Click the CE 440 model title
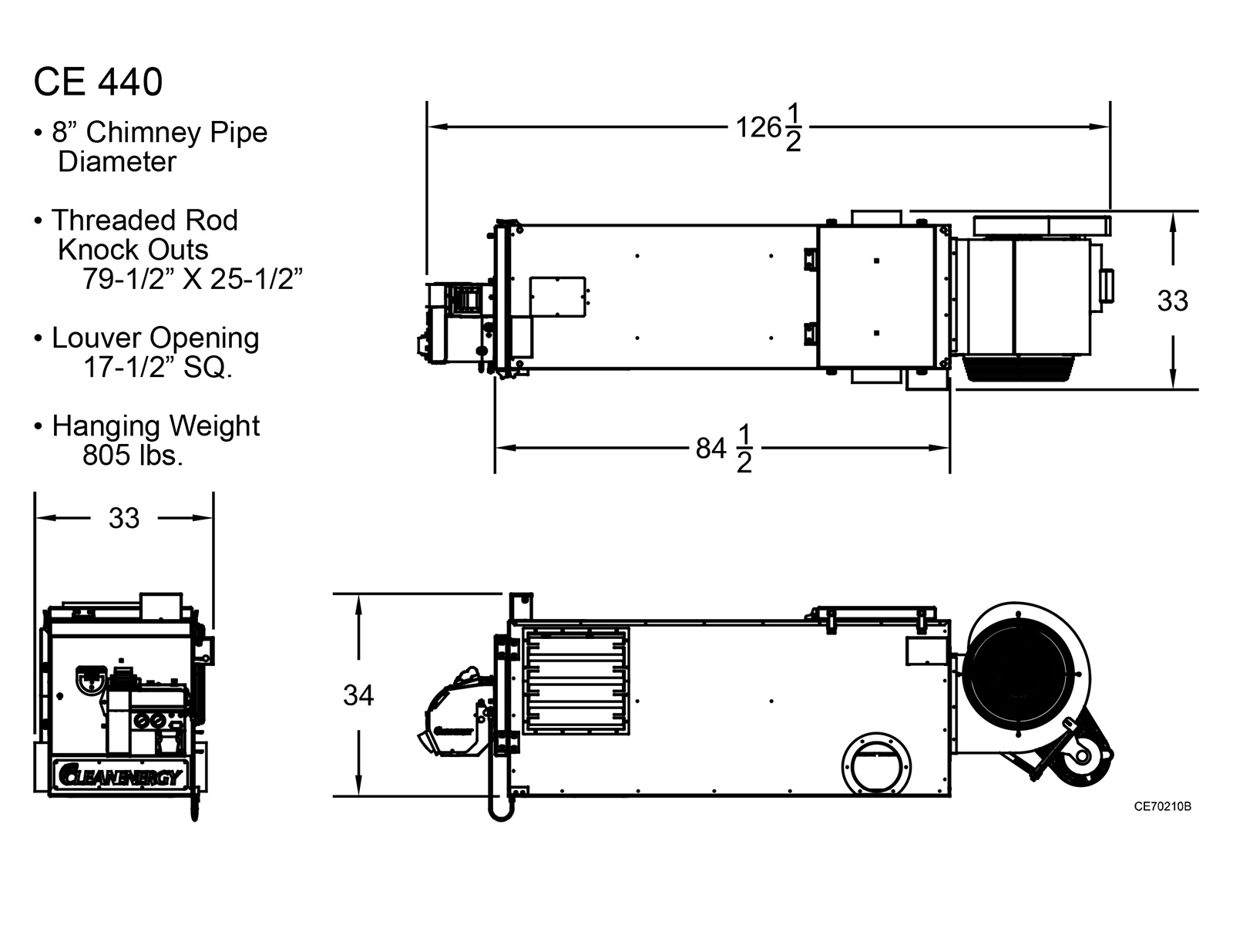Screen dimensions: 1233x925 pyautogui.click(x=98, y=82)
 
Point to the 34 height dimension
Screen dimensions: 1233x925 pyautogui.click(x=358, y=695)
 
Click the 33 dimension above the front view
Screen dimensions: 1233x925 pyautogui.click(x=124, y=518)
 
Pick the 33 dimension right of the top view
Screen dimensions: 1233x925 pyautogui.click(x=1173, y=301)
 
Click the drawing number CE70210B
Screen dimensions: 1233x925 pyautogui.click(x=1163, y=807)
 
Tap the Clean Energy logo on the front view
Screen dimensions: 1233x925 pyautogui.click(x=119, y=776)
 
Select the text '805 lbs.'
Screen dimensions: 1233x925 pyautogui.click(x=133, y=456)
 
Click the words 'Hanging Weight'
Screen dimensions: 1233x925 pyautogui.click(x=156, y=426)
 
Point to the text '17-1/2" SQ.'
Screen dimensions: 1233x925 pyautogui.click(x=158, y=368)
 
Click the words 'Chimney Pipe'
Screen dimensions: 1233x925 pyautogui.click(x=176, y=133)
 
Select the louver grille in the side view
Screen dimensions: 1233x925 pyautogui.click(x=576, y=681)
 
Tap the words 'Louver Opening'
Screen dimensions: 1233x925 pyautogui.click(x=155, y=338)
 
